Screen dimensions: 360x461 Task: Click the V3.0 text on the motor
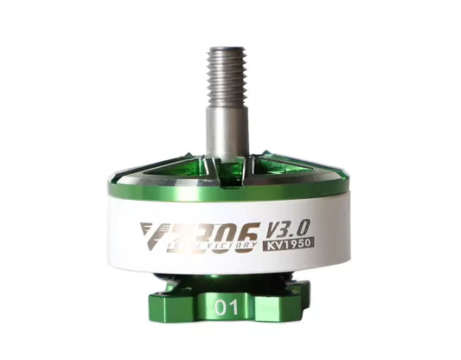coord(282,227)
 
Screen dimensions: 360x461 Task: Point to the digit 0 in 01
coord(223,306)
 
